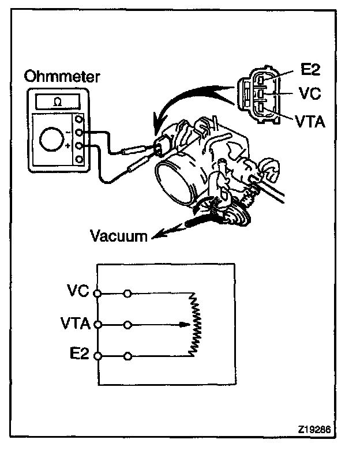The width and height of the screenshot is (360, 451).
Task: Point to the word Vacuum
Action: click(119, 236)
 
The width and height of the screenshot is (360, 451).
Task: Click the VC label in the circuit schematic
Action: click(78, 292)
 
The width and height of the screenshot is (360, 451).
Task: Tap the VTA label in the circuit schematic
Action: click(74, 324)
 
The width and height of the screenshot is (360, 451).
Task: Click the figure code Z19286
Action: click(315, 430)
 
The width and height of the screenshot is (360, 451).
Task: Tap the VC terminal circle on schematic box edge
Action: click(97, 293)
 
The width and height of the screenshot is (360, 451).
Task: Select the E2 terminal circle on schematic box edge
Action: click(97, 355)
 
